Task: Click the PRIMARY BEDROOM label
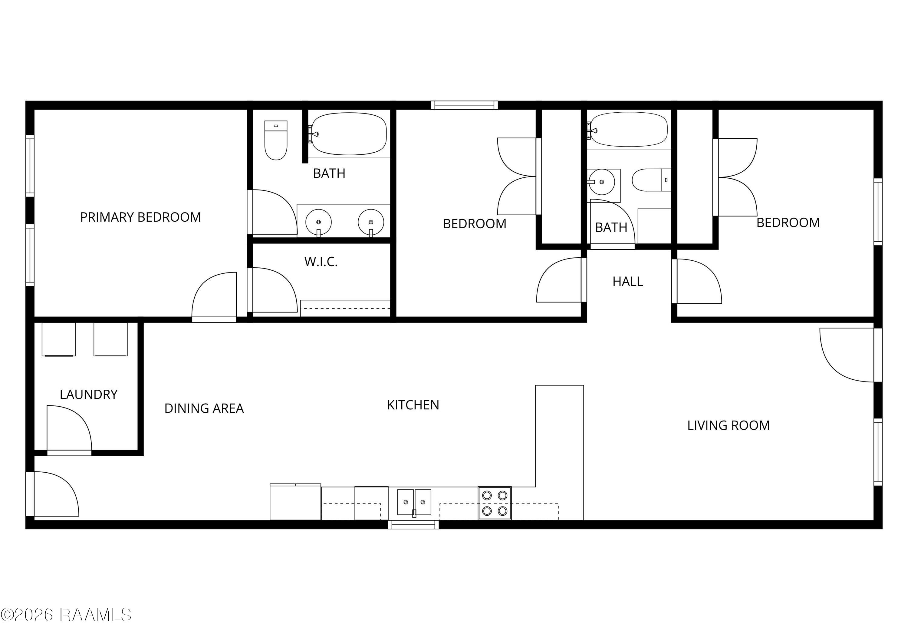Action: [x=140, y=217]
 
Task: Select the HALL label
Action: [x=627, y=282]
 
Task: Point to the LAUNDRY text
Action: [x=88, y=395]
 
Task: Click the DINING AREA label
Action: [x=204, y=408]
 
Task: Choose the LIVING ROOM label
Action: [x=728, y=425]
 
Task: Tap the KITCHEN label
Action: [x=413, y=405]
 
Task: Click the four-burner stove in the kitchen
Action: [x=495, y=503]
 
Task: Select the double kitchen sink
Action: [x=414, y=502]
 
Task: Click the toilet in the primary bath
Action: [x=276, y=140]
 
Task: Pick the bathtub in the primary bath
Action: [x=349, y=134]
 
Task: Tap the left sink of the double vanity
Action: [x=318, y=222]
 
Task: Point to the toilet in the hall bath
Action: [x=651, y=180]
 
